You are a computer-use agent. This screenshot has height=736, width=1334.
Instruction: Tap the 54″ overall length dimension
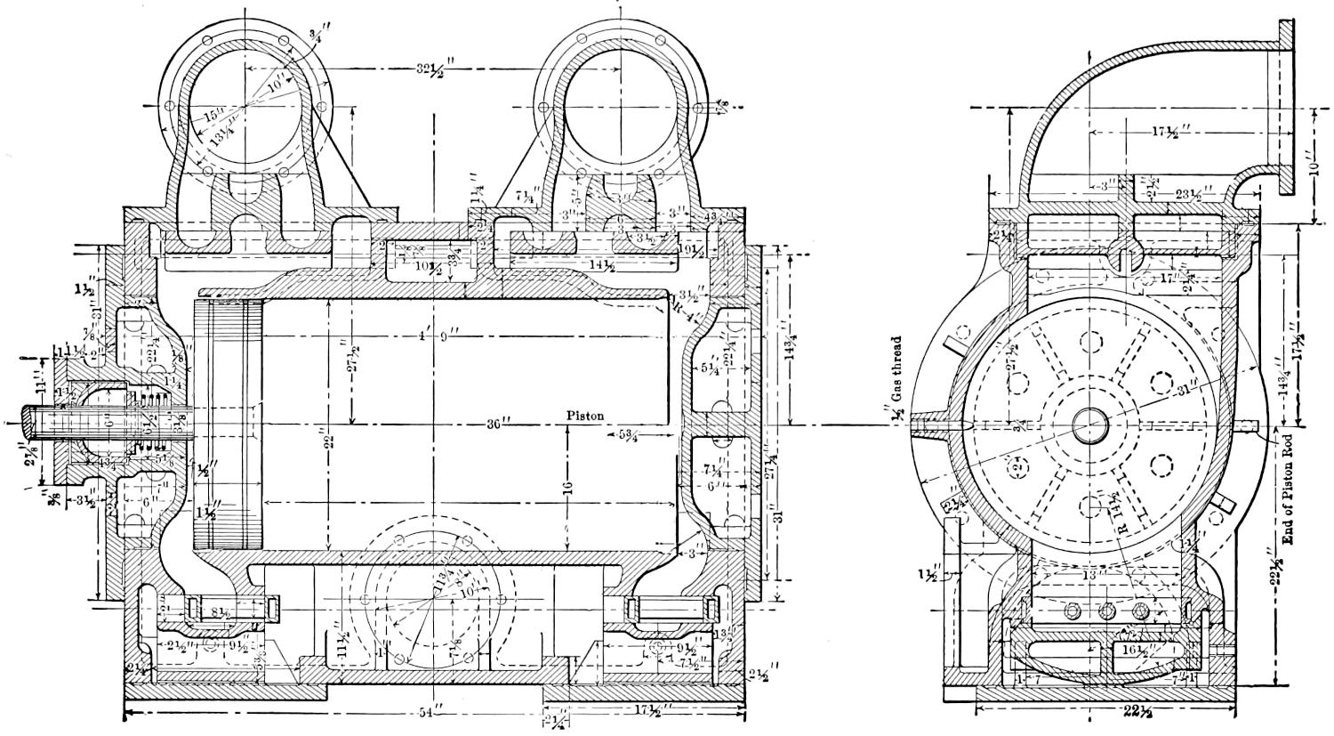(432, 714)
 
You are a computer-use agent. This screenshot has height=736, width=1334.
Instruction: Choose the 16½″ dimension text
(1134, 651)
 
